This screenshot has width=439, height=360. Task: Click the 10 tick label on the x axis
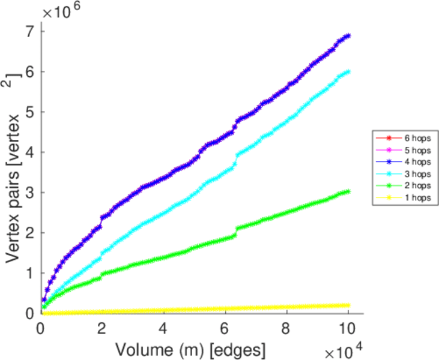(x=348, y=328)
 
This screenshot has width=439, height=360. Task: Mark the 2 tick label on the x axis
(x=102, y=328)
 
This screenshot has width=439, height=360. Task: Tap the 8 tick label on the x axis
(x=286, y=328)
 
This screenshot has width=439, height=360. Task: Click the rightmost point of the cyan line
(x=348, y=71)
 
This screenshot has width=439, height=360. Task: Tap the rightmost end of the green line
(x=348, y=191)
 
